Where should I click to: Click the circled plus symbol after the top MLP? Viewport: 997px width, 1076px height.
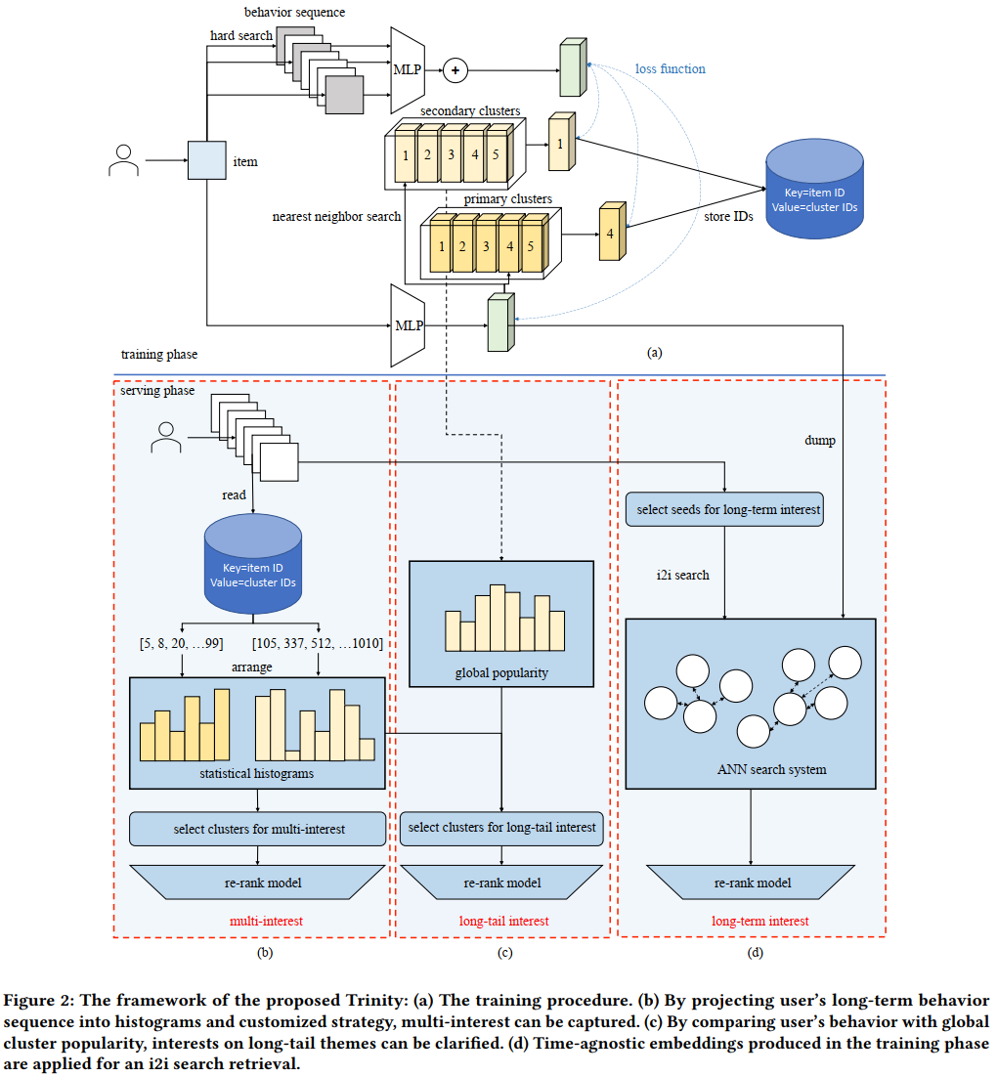tap(455, 69)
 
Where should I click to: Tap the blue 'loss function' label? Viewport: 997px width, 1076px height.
tap(670, 69)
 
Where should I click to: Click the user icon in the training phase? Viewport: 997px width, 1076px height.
tap(124, 160)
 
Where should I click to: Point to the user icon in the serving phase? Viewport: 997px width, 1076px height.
tap(167, 437)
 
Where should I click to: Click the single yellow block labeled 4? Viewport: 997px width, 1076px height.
tap(611, 234)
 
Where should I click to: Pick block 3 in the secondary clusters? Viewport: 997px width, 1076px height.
tap(451, 154)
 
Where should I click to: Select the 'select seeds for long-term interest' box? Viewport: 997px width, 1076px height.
tap(723, 510)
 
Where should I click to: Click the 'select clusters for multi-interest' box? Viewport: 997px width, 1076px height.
tap(259, 830)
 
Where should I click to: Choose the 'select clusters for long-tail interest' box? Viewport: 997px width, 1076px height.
tap(502, 828)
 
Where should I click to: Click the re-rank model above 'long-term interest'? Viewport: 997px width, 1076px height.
tap(752, 883)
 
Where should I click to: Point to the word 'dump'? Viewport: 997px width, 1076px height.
tap(819, 441)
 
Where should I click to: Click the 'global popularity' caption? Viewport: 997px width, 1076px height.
tap(501, 673)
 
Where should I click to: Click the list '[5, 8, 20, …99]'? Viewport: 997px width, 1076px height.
tap(183, 642)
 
